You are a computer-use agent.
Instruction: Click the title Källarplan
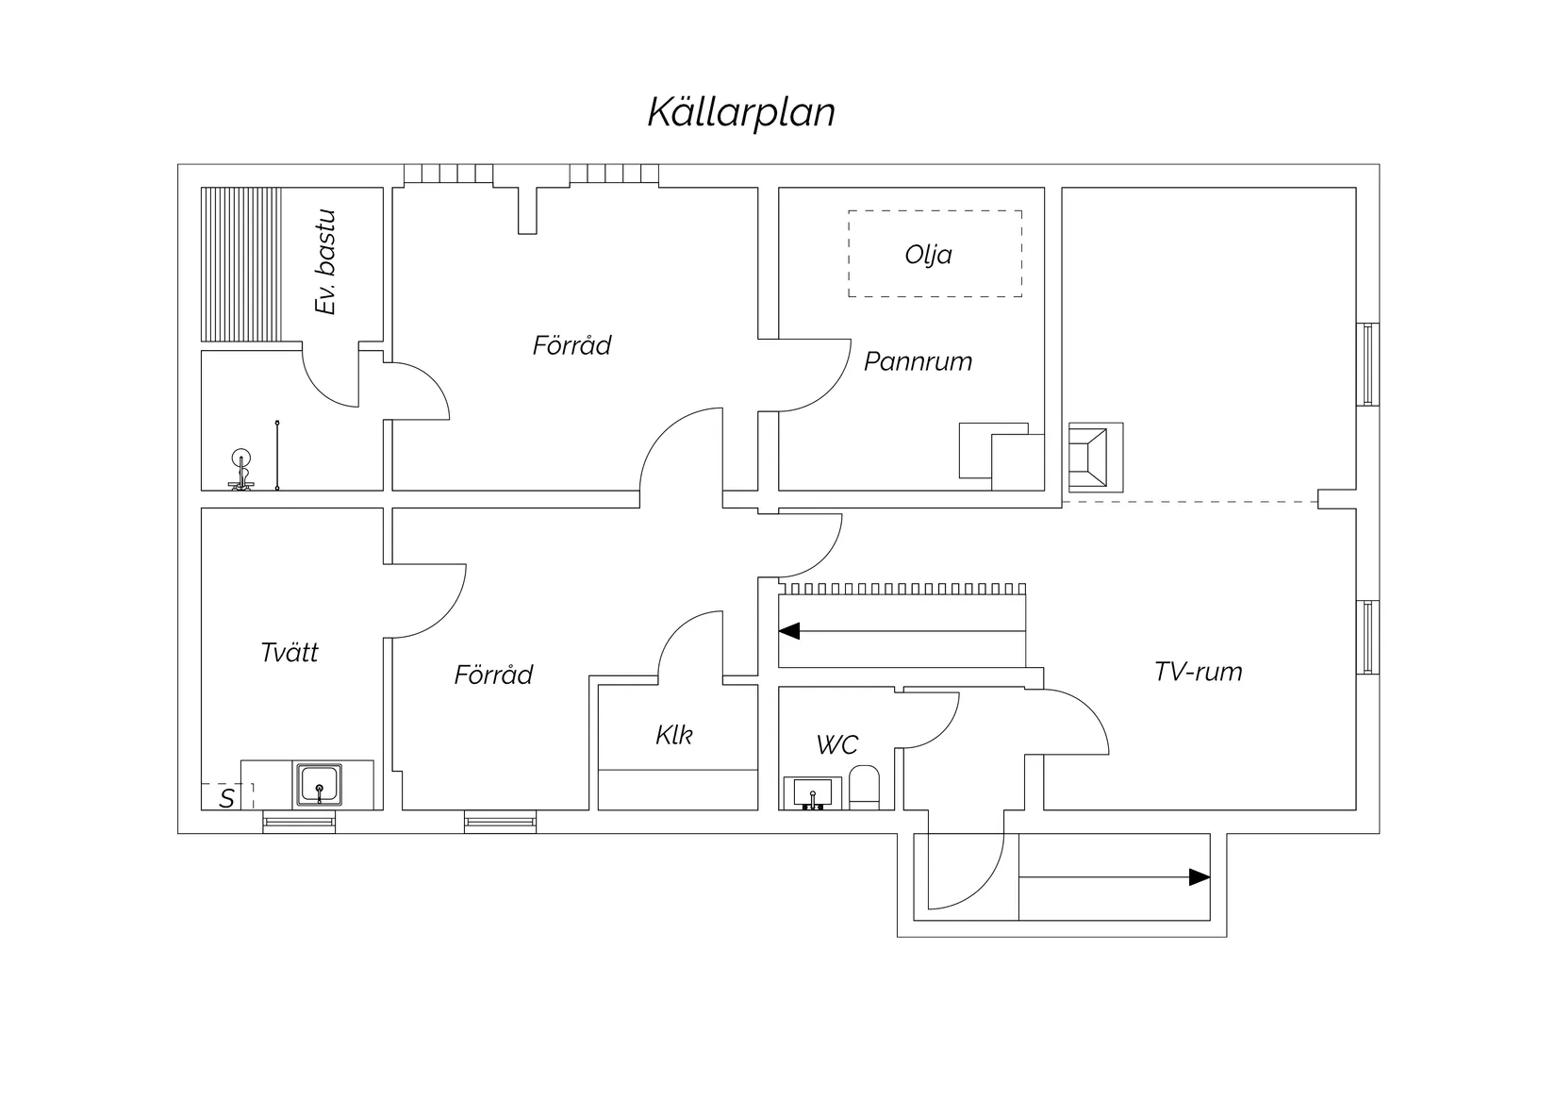pyautogui.click(x=741, y=112)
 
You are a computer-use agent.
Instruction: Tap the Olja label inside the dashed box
pyautogui.click(x=928, y=255)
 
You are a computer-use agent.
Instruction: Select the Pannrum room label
pyautogui.click(x=918, y=361)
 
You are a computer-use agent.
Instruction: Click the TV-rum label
pyautogui.click(x=1198, y=672)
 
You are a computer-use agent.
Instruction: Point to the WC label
pyautogui.click(x=836, y=745)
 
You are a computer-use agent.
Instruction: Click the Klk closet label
pyautogui.click(x=674, y=735)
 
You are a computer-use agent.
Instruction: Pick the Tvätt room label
pyautogui.click(x=290, y=653)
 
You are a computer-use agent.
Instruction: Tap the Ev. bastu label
pyautogui.click(x=326, y=262)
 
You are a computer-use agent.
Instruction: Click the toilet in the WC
pyautogui.click(x=864, y=788)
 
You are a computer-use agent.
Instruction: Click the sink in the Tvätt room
pyautogui.click(x=320, y=785)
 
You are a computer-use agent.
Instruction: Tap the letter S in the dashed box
pyautogui.click(x=226, y=799)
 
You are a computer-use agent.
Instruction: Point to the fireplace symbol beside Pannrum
pyautogui.click(x=1095, y=457)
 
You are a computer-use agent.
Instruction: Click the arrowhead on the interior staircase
pyautogui.click(x=789, y=630)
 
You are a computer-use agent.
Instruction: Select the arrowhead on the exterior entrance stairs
pyautogui.click(x=1199, y=877)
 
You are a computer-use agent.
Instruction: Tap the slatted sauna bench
pyautogui.click(x=241, y=264)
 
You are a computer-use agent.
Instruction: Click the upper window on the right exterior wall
pyautogui.click(x=1367, y=364)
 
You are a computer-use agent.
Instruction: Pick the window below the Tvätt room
pyautogui.click(x=299, y=822)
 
